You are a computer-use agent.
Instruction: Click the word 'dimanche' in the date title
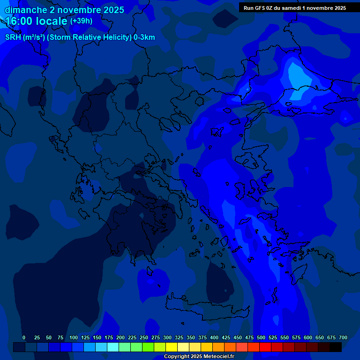(x=26, y=10)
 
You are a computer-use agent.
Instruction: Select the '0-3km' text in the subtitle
(x=144, y=37)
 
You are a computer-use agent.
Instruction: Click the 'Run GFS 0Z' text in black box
(x=258, y=8)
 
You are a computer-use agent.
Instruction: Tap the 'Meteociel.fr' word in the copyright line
(x=217, y=356)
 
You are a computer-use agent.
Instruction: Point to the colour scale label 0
(x=24, y=337)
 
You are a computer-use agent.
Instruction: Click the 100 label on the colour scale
(x=74, y=337)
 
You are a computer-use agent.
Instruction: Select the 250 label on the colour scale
(x=144, y=337)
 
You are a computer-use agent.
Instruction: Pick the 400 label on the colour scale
(x=214, y=337)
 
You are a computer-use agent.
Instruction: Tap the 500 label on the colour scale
(x=261, y=337)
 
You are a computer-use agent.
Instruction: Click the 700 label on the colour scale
(x=343, y=337)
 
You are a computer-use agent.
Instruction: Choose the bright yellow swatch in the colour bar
(x=172, y=347)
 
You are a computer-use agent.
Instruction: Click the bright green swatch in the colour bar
(x=148, y=347)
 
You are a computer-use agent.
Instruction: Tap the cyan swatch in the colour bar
(x=113, y=347)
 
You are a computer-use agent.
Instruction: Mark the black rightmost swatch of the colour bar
(x=336, y=347)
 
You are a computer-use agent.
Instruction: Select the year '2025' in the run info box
(x=337, y=8)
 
